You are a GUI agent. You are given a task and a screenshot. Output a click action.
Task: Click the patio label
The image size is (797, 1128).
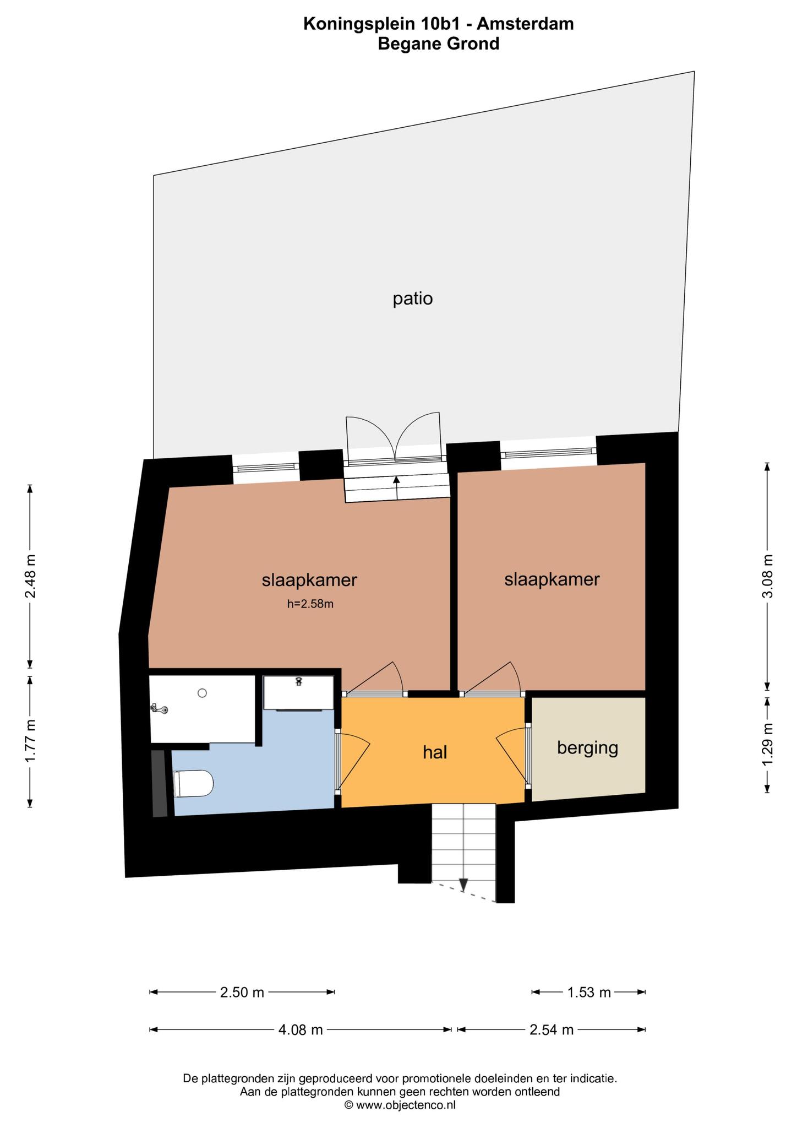coord(413,299)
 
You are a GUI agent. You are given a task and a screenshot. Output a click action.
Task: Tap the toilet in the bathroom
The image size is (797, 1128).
coord(193,783)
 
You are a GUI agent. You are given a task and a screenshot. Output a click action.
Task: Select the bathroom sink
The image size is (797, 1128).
coord(298,693)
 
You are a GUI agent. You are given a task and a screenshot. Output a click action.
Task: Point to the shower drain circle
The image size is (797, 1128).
coord(203,693)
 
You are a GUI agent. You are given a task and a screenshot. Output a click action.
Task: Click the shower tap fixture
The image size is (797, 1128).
coord(160,709)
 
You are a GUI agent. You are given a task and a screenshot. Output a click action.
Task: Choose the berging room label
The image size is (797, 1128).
coord(588,748)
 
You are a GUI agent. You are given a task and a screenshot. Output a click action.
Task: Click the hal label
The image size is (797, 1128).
coord(435,752)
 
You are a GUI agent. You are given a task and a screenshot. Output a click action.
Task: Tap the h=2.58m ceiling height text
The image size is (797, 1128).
coord(310,604)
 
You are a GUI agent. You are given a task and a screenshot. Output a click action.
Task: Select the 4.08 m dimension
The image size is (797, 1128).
coord(301,1029)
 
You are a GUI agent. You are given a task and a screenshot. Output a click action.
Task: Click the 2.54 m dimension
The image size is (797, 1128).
coord(552,1029)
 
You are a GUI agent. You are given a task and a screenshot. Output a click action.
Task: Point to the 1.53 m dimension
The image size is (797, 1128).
coord(588,993)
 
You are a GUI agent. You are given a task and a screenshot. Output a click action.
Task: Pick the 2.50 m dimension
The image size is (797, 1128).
coord(242,993)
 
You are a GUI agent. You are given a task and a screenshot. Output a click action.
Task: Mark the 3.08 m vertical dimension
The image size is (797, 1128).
coord(768,576)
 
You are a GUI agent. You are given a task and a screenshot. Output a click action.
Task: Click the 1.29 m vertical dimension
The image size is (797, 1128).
coord(768,744)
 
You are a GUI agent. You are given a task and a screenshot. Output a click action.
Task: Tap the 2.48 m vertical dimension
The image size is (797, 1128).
coord(31,576)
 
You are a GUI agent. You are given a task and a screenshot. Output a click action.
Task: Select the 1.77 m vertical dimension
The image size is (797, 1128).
coord(31,741)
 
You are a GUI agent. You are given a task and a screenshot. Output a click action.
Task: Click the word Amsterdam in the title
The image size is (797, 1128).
coord(525,24)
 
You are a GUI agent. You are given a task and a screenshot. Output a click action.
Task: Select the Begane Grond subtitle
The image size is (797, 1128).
coord(439,43)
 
